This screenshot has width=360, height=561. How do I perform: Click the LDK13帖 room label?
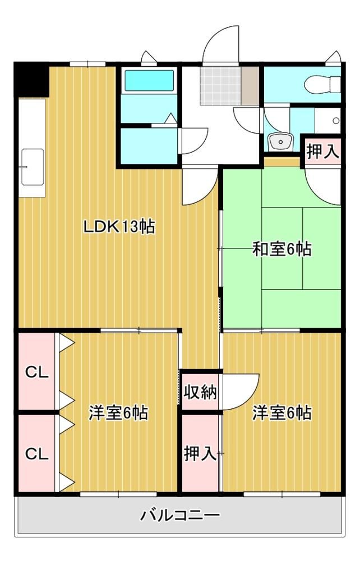tap(119, 227)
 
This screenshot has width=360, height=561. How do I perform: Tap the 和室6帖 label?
tap(282, 249)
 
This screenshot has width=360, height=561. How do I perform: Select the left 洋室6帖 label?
tap(118, 413)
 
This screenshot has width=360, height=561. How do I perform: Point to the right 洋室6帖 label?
tap(282, 413)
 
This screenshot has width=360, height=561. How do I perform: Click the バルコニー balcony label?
tap(180, 515)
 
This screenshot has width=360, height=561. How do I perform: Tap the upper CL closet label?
tap(36, 373)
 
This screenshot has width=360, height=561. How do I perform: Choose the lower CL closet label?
tap(36, 454)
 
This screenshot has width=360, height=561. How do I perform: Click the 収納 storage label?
tap(200, 392)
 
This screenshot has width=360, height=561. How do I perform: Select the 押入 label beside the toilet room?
tap(323, 151)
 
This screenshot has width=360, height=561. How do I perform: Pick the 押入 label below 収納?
tap(200, 454)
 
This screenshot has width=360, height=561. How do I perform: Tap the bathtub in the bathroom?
tap(149, 80)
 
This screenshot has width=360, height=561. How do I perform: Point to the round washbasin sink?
tap(281, 142)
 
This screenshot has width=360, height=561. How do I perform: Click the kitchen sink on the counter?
tap(33, 167)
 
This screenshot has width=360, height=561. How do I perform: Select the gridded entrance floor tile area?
tap(220, 85)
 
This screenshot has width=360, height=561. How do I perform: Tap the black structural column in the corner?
tap(31, 80)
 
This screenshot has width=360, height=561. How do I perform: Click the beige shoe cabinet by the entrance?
tap(250, 86)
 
